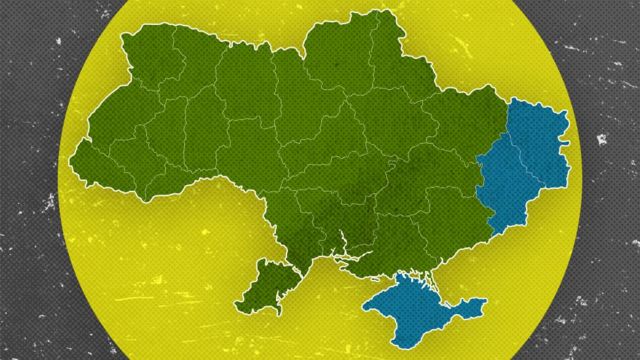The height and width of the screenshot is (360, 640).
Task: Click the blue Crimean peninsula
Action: click(415, 305)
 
